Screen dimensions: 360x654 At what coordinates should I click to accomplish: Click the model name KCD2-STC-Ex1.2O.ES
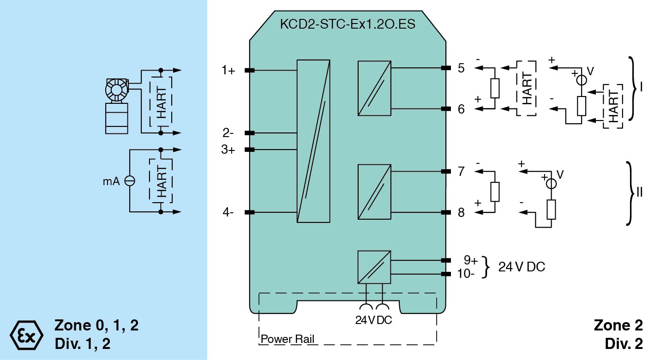(348, 24)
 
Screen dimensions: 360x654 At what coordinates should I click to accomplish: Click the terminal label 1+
(228, 71)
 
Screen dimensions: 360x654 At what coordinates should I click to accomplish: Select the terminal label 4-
(228, 212)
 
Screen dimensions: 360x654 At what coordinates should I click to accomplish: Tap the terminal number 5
(461, 68)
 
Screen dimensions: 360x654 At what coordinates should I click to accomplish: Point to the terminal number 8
(461, 212)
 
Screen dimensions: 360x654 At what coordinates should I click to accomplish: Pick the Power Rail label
(288, 339)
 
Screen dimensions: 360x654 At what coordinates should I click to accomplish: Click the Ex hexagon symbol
(26, 334)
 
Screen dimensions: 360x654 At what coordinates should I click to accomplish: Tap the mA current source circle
(130, 181)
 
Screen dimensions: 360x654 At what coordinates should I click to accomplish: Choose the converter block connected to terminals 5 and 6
(374, 88)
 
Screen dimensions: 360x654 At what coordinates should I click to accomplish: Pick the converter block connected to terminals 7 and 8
(374, 192)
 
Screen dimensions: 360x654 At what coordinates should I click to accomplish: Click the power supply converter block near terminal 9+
(374, 267)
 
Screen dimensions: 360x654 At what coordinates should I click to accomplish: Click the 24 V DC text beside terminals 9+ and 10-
(522, 267)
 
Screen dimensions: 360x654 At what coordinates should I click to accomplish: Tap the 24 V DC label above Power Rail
(373, 320)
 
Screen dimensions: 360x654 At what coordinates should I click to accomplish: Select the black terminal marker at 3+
(249, 150)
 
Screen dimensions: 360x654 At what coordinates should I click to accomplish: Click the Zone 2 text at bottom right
(618, 325)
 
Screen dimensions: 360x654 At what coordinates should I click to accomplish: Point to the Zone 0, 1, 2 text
(96, 325)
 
